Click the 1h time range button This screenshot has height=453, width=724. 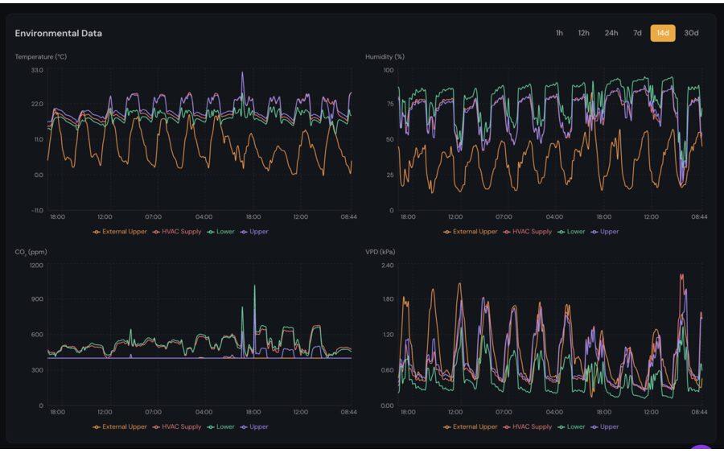pos(559,33)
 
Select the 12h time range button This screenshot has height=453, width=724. pos(583,33)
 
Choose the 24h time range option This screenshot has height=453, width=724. pos(611,33)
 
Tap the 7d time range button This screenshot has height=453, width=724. pos(637,33)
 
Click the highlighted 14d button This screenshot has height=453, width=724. pos(663,33)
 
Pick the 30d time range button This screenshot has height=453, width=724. pos(691,33)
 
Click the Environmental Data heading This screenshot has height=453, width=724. pos(58,33)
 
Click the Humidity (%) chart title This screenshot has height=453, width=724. pos(385,56)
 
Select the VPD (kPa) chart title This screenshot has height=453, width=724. pos(381,252)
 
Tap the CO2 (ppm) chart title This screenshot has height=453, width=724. pos(31,252)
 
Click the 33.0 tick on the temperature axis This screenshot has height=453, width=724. pos(37,71)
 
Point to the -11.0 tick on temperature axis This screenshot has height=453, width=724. pos(36,211)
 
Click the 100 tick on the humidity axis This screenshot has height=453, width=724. pos(389,71)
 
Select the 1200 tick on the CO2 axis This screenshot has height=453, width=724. pos(36,266)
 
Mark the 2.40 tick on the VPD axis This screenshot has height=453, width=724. pos(387,266)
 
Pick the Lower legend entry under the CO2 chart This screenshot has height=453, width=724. pos(224,427)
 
